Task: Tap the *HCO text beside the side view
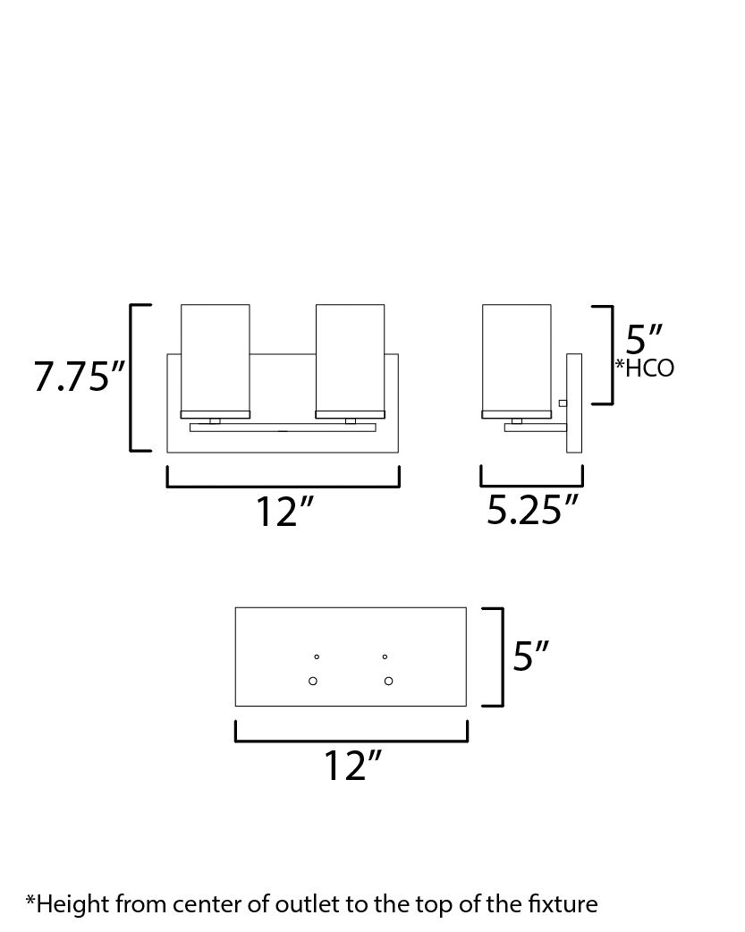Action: pyautogui.click(x=644, y=368)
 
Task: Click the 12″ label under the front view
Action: pyautogui.click(x=285, y=512)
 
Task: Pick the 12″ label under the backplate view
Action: pyautogui.click(x=352, y=767)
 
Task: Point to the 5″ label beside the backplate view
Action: pyautogui.click(x=530, y=657)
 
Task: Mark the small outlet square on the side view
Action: pyautogui.click(x=563, y=403)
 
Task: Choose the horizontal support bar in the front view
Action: pyautogui.click(x=283, y=428)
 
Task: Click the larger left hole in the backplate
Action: pyautogui.click(x=313, y=682)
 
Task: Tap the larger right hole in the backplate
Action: pyautogui.click(x=388, y=682)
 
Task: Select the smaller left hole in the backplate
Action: pyautogui.click(x=316, y=657)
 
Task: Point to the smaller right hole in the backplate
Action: pyautogui.click(x=385, y=657)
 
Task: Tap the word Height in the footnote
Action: pyautogui.click(x=63, y=903)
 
